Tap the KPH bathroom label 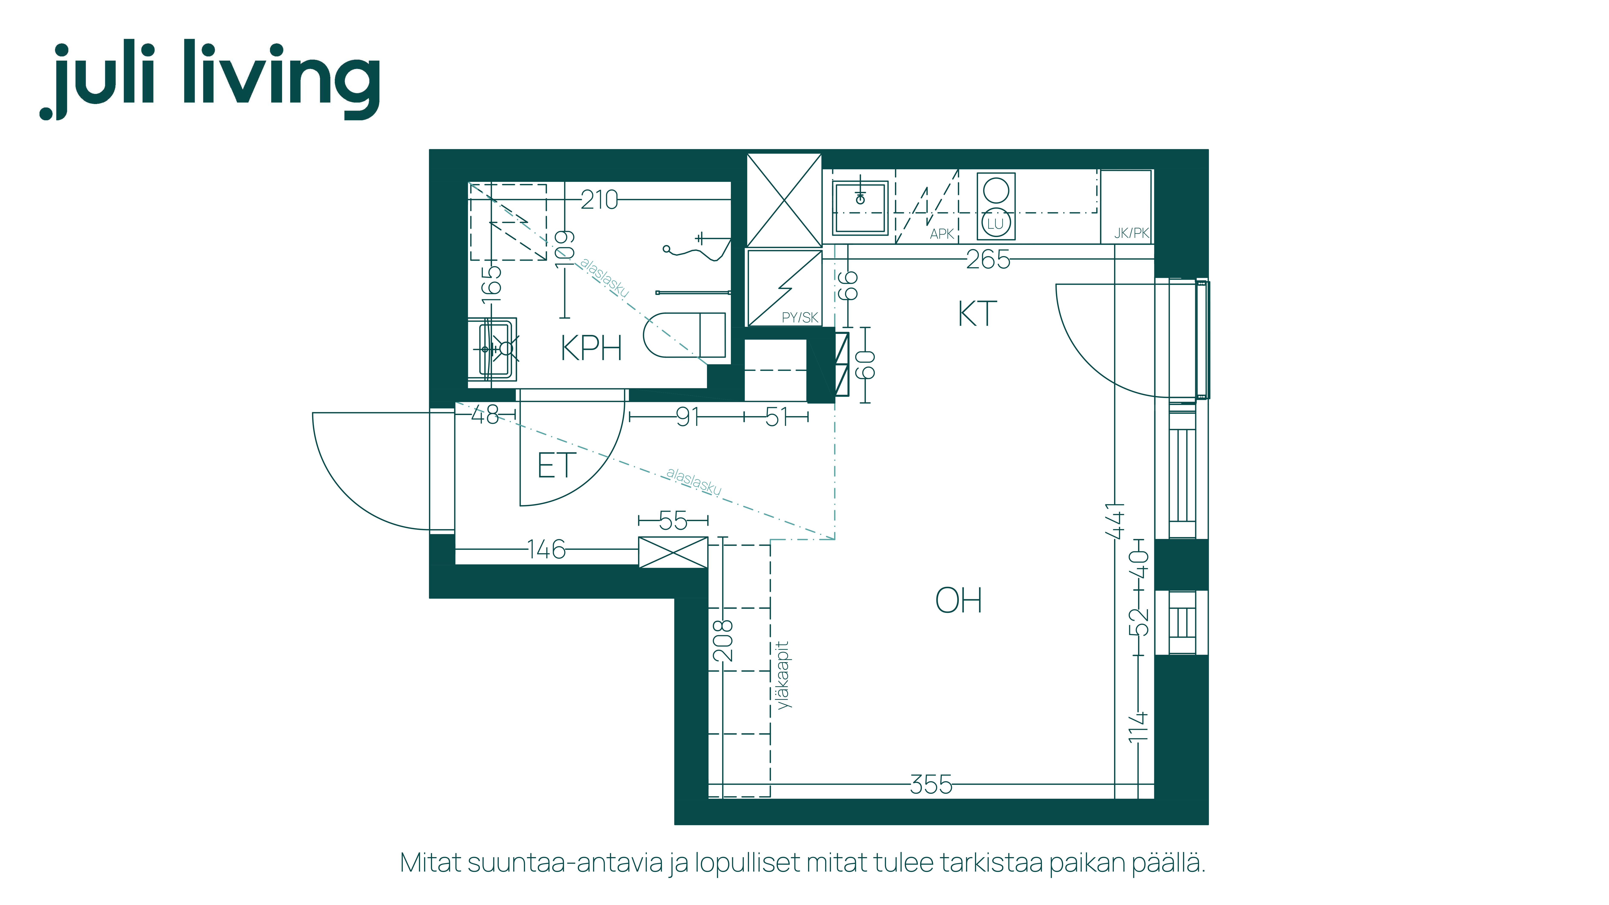[591, 348]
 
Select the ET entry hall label [556, 466]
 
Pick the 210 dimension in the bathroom [599, 200]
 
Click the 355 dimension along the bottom [931, 784]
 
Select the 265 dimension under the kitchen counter [988, 259]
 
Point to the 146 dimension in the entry [546, 550]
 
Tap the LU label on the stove [995, 223]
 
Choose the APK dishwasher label [942, 234]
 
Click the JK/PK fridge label [1132, 233]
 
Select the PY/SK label [800, 317]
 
